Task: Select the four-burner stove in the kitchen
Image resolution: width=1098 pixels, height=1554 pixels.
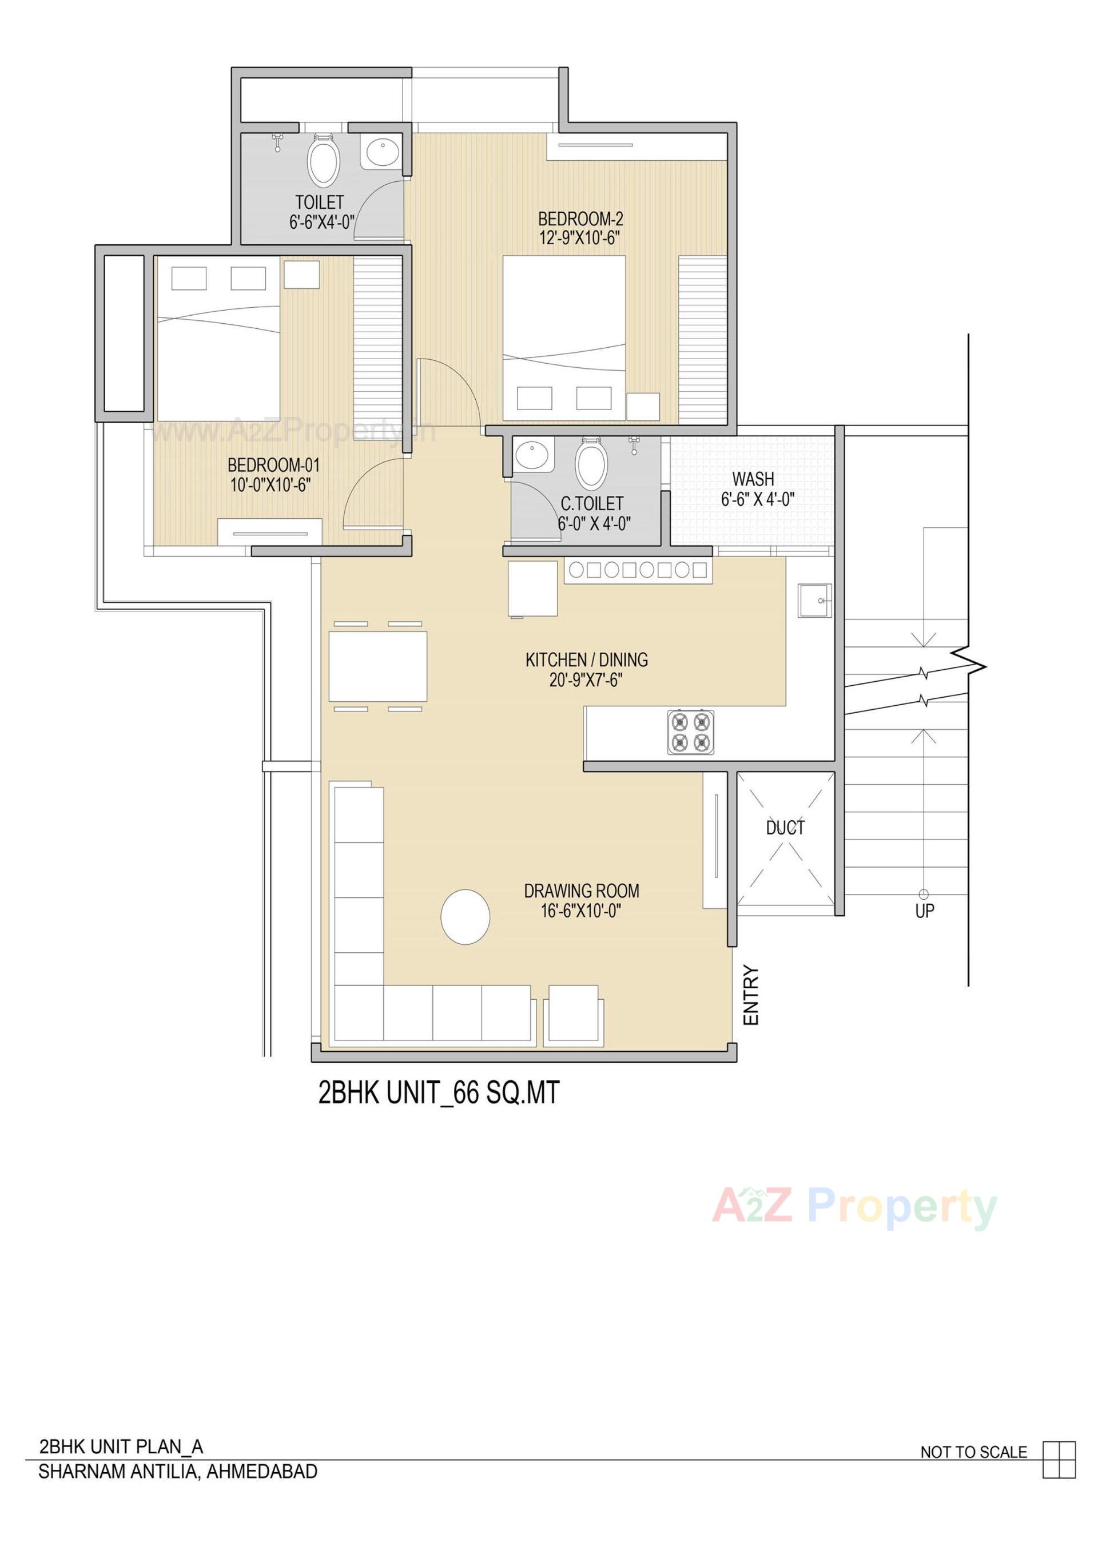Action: click(x=690, y=732)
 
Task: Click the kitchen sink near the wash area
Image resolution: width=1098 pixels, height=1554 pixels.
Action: click(x=814, y=601)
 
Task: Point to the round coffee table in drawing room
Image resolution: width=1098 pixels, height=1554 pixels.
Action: click(x=465, y=916)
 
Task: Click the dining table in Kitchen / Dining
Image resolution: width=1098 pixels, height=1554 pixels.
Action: click(x=378, y=666)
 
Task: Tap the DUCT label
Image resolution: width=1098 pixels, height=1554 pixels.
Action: click(x=785, y=827)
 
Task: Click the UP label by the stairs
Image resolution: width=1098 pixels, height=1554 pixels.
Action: click(x=925, y=911)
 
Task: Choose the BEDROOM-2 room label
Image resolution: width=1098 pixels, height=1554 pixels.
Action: click(x=580, y=218)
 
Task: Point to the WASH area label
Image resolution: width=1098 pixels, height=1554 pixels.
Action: click(x=753, y=479)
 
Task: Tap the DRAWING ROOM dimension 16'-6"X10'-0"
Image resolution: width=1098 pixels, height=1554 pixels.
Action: click(x=581, y=911)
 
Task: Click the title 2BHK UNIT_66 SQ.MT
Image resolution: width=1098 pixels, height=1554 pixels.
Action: click(x=439, y=1093)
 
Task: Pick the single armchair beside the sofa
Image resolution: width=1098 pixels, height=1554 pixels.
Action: click(x=572, y=1012)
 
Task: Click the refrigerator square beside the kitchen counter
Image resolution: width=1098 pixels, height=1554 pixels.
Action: click(x=533, y=588)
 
